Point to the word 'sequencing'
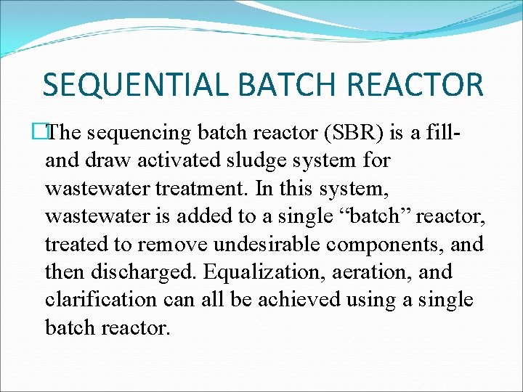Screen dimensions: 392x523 144,133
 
